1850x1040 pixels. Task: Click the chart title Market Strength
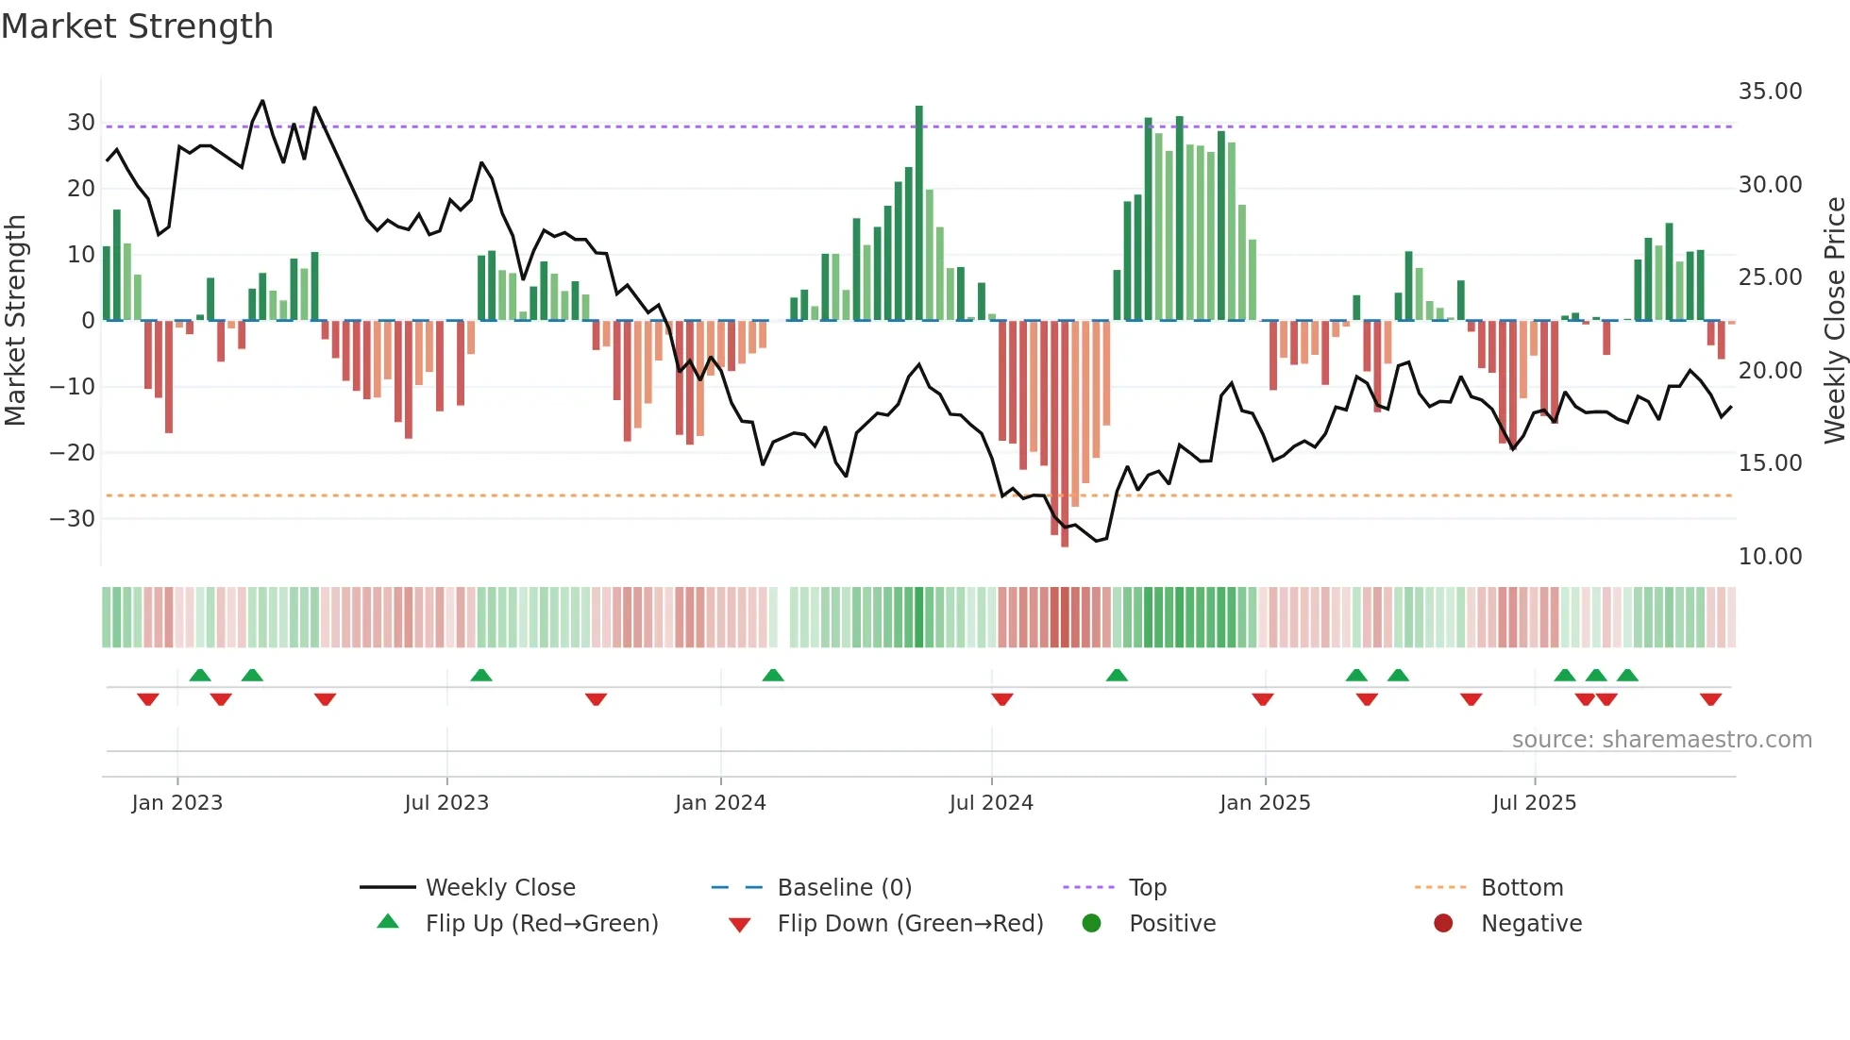coord(137,26)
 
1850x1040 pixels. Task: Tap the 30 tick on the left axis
coord(80,123)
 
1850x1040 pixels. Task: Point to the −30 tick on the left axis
coord(73,519)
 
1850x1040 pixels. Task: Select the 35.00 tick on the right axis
coord(1770,92)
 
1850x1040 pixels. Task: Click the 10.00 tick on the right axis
coord(1770,557)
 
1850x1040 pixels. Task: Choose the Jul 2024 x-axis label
coord(991,803)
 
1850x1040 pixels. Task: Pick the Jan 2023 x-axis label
coord(177,803)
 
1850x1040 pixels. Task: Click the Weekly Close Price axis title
coord(1834,321)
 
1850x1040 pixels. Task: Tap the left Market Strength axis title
coord(15,321)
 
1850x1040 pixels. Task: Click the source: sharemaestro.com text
coord(1661,740)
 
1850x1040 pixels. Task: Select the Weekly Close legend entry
coord(500,888)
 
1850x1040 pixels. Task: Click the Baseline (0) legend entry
coord(844,888)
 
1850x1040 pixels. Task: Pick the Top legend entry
coord(1148,888)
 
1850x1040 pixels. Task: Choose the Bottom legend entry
coord(1522,888)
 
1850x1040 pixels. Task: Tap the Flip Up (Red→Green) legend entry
coord(542,924)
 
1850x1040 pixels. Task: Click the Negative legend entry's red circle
coord(1443,924)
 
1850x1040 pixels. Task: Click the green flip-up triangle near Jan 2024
coord(773,675)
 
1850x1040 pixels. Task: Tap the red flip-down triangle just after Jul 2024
coord(1002,699)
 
